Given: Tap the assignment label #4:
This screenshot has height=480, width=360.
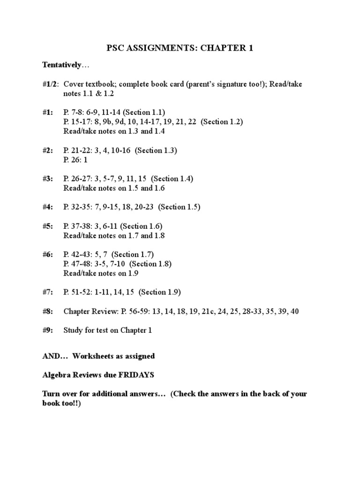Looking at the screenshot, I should coord(48,207).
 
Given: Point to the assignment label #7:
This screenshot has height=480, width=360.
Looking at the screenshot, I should coord(48,292).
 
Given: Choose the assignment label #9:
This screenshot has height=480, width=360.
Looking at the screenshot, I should coord(48,330).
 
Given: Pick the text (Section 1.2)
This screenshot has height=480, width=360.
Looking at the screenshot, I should coord(222,122).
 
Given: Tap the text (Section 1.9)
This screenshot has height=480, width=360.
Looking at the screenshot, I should coord(160,292).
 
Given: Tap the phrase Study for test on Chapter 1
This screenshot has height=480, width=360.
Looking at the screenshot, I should coord(108,330).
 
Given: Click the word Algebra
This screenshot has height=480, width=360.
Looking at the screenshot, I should coord(56,375).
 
